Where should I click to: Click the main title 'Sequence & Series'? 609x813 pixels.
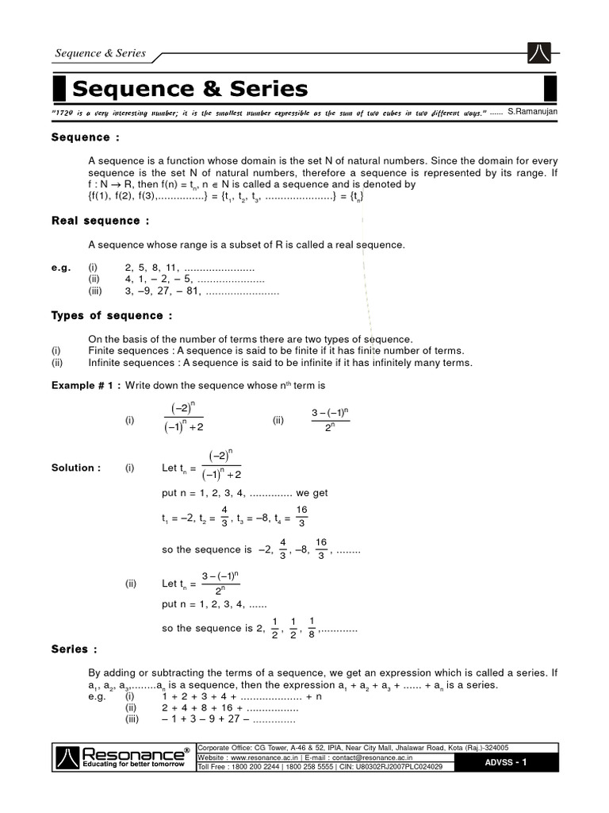190,87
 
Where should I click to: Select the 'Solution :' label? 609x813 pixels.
76,468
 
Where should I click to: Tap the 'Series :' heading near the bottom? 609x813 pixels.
70,649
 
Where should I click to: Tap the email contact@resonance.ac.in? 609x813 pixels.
390,757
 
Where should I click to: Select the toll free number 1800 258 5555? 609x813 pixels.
301,767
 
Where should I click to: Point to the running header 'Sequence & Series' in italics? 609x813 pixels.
100,53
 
